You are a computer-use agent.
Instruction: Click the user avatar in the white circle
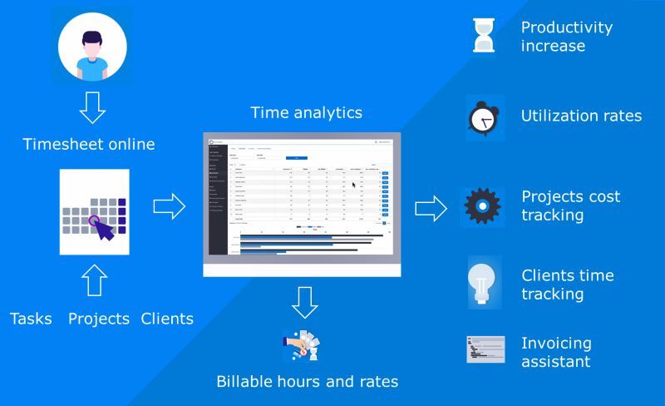tap(92, 47)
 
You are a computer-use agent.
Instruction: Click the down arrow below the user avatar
tap(92, 106)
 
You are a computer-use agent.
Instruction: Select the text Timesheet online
tap(89, 144)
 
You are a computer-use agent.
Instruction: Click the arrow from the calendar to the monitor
tap(169, 207)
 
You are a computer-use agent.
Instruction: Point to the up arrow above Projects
tap(96, 280)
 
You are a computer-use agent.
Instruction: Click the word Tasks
tap(31, 319)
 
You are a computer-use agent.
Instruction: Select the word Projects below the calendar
tap(99, 319)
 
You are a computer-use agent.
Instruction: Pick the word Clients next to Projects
tap(167, 319)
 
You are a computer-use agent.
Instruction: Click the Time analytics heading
tap(307, 112)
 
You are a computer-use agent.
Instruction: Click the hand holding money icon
tap(300, 346)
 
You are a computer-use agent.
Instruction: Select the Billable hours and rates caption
tap(307, 382)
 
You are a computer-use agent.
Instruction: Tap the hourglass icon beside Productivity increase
tap(484, 36)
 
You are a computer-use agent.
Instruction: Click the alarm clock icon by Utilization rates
tap(483, 118)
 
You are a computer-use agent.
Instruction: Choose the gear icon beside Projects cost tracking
tap(483, 206)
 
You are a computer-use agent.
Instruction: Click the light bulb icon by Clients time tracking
tap(485, 284)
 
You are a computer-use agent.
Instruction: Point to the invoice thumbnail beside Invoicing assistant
tap(485, 350)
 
